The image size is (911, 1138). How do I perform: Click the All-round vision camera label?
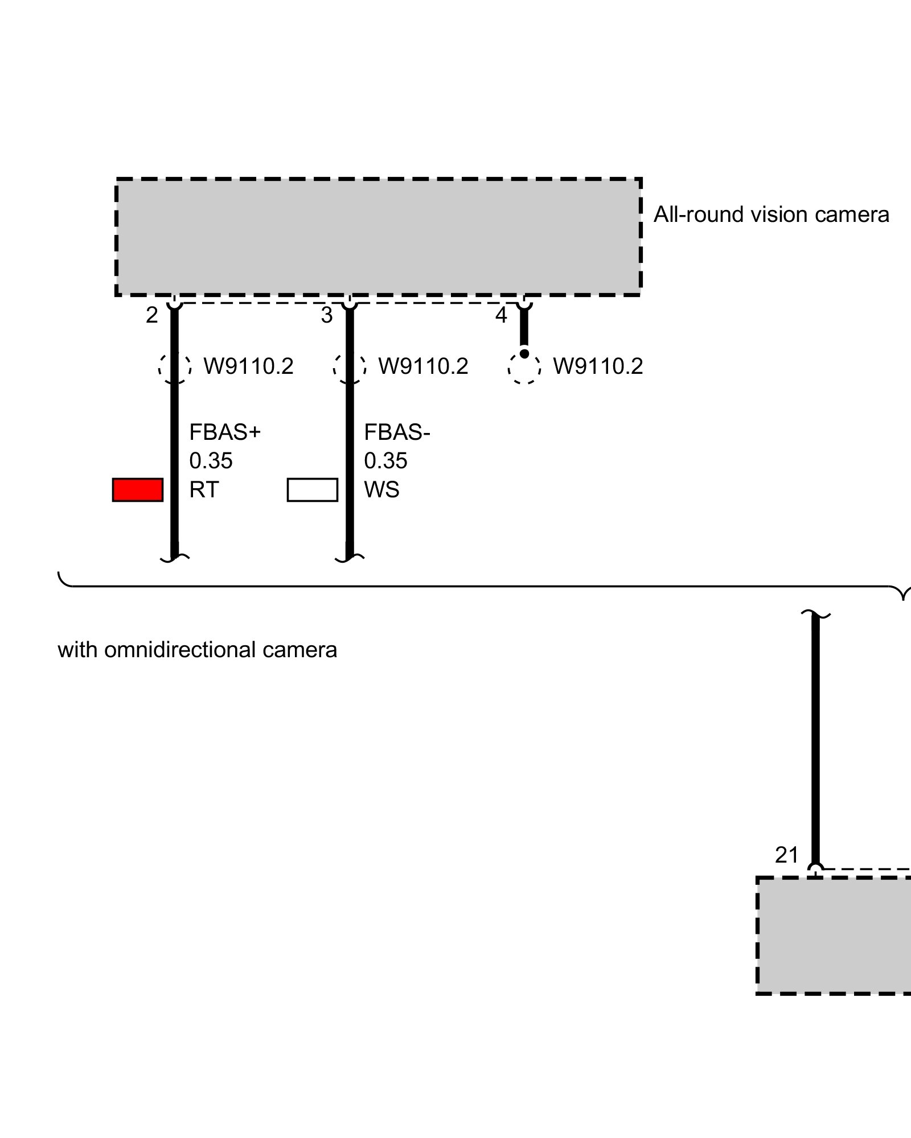pos(771,215)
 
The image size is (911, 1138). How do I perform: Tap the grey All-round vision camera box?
pos(379,237)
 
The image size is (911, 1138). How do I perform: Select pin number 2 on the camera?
pos(151,315)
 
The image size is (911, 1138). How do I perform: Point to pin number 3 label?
pos(326,315)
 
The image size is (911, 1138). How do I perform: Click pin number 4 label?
pos(501,315)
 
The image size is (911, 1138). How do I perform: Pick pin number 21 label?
pos(787,855)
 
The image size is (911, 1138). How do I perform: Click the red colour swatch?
pos(138,490)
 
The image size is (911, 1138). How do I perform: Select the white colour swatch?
pos(312,490)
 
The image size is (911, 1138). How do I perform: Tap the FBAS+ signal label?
pos(225,432)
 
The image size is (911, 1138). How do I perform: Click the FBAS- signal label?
pos(397,432)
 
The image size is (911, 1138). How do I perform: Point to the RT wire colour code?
pos(204,490)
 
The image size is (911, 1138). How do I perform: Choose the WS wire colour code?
pos(381,490)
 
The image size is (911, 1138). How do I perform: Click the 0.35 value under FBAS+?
pos(211,461)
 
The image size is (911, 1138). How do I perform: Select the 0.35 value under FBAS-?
pos(385,461)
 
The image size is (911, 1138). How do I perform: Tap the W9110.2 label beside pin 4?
pos(598,366)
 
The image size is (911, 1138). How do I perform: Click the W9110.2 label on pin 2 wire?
pos(248,366)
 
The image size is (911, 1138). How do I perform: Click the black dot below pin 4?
pos(524,354)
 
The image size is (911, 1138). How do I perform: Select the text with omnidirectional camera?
pos(198,650)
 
